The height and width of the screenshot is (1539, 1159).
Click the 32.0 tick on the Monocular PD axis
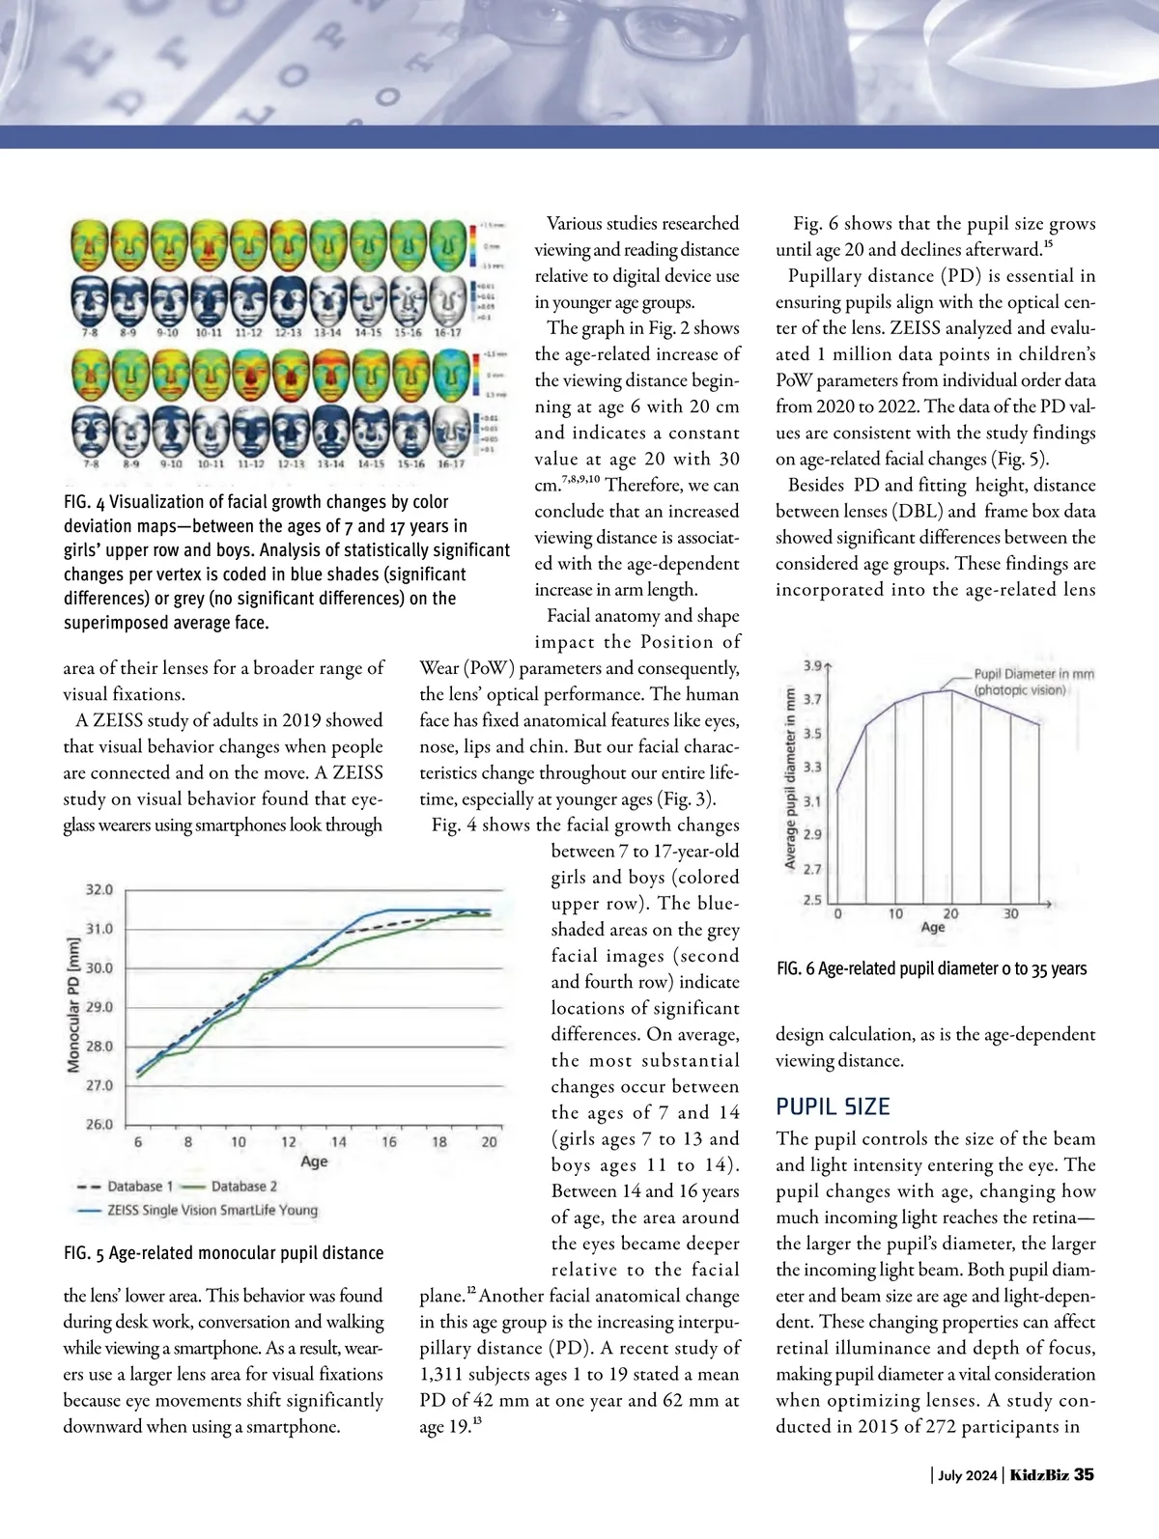(x=100, y=889)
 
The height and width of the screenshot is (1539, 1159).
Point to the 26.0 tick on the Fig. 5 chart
(x=100, y=1125)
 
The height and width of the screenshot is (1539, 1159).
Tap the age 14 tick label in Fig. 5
(x=339, y=1142)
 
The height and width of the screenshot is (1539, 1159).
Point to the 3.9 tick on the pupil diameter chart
(x=813, y=666)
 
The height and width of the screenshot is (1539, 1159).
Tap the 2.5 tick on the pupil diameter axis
(x=813, y=901)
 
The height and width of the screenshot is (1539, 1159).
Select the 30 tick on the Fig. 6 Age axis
(x=1010, y=913)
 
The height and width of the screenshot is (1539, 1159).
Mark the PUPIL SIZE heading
(x=833, y=1106)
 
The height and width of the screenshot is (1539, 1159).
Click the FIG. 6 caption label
(x=796, y=968)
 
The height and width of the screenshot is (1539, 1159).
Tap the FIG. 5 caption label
(x=84, y=1253)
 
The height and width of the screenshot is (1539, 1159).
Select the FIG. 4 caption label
(x=84, y=502)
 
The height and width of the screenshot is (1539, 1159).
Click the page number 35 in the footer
(x=1084, y=1475)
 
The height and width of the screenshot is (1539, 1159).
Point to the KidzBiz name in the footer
(x=1039, y=1475)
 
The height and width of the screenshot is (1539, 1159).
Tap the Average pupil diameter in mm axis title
(x=790, y=779)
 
